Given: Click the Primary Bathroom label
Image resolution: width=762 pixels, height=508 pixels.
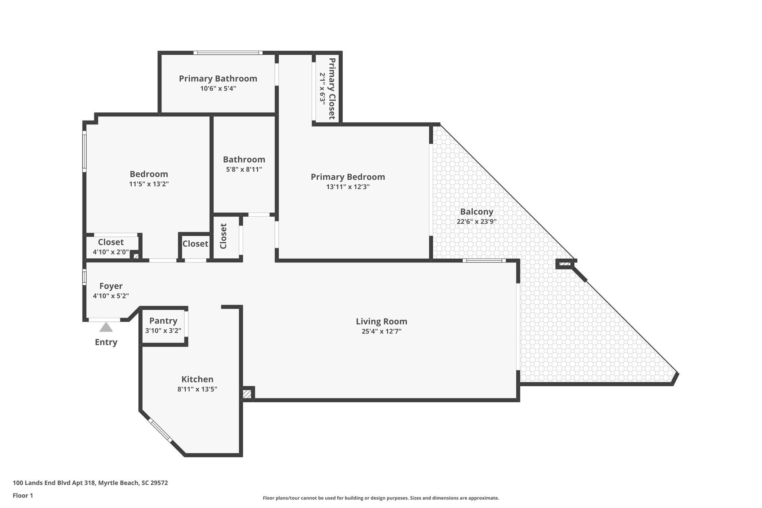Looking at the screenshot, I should tap(218, 79).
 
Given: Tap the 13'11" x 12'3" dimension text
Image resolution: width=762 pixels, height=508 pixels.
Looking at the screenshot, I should tap(348, 187).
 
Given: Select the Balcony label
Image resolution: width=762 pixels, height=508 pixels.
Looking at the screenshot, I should tap(476, 212).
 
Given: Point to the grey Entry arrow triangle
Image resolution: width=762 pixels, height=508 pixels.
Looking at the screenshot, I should tap(106, 328).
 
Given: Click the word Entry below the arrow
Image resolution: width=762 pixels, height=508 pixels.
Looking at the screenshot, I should tap(106, 342).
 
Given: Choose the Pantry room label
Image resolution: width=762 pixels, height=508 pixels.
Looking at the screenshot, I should tap(163, 321).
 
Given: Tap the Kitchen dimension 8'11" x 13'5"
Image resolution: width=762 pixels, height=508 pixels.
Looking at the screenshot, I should tap(197, 389).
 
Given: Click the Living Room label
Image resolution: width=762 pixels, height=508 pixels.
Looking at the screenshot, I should tap(381, 321).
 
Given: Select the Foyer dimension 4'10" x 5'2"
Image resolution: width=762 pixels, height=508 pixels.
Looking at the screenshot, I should tap(111, 296).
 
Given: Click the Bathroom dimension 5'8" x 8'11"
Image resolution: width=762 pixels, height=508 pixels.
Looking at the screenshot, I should tap(244, 169).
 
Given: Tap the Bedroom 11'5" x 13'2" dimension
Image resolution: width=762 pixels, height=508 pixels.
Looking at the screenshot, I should tap(149, 184).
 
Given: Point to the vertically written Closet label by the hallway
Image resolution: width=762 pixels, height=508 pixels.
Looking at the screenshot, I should tap(223, 236).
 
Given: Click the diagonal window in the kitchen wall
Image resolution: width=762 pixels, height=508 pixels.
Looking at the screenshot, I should tap(160, 431).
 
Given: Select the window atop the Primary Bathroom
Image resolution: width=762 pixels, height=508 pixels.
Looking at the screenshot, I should tap(228, 53).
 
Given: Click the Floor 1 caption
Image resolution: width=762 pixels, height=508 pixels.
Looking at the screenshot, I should tap(23, 495).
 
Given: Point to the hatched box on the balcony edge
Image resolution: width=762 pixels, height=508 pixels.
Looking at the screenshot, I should tap(564, 264).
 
